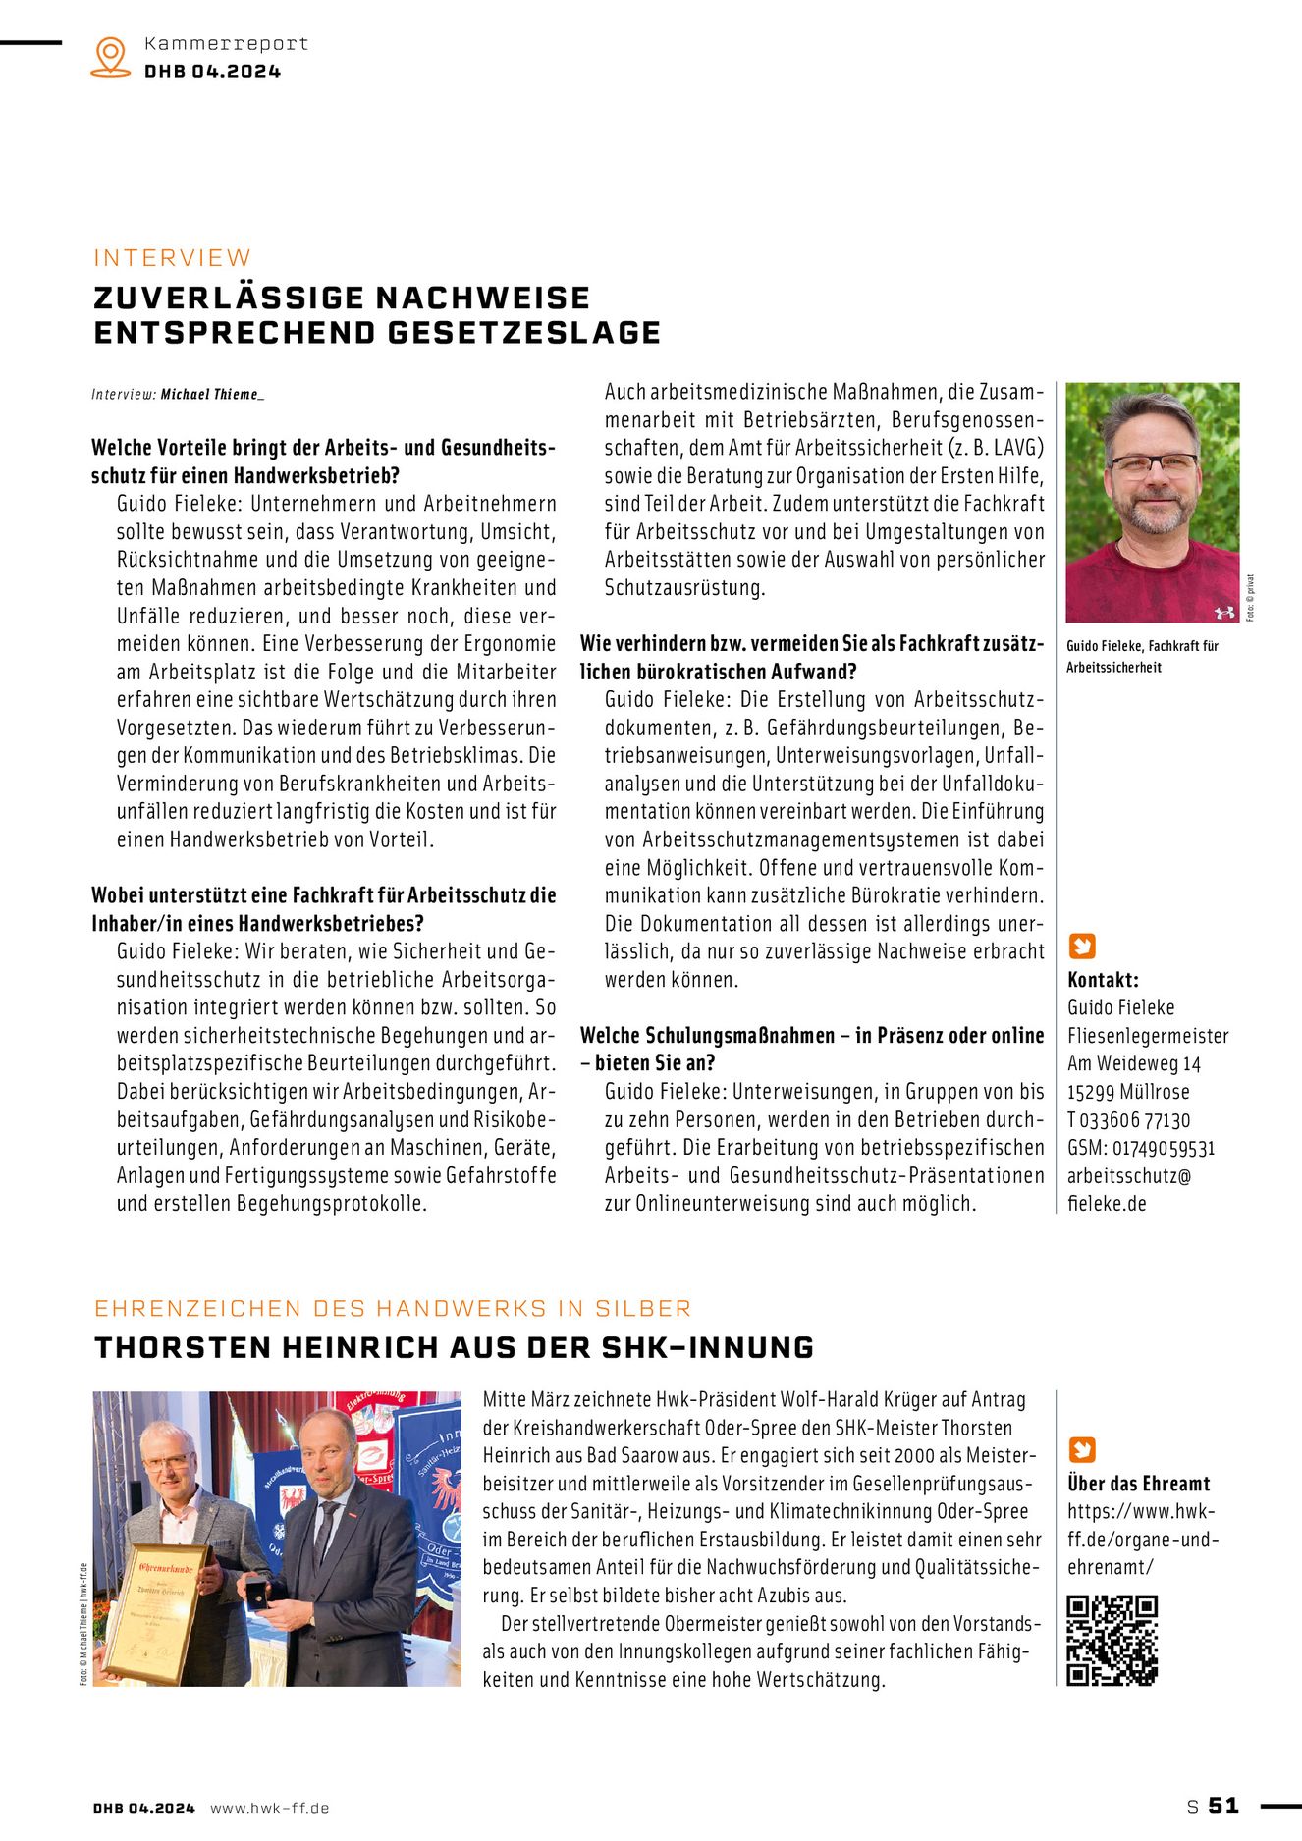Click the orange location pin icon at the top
pyautogui.click(x=110, y=56)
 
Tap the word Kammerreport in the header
pyautogui.click(x=226, y=44)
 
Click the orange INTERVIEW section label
pyautogui.click(x=173, y=258)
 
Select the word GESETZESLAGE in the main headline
pyautogui.click(x=524, y=333)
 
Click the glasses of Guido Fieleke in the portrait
pyautogui.click(x=1153, y=464)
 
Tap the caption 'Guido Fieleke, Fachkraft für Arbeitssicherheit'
pyautogui.click(x=1142, y=656)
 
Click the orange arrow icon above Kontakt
pyautogui.click(x=1081, y=947)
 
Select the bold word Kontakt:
pyautogui.click(x=1103, y=980)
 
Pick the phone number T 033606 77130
pyautogui.click(x=1128, y=1120)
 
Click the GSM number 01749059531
pyautogui.click(x=1163, y=1148)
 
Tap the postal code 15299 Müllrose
pyautogui.click(x=1128, y=1092)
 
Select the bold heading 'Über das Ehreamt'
pyautogui.click(x=1138, y=1484)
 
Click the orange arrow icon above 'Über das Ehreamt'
pyautogui.click(x=1081, y=1450)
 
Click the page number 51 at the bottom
pyautogui.click(x=1223, y=1806)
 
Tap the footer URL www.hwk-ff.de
pyautogui.click(x=269, y=1808)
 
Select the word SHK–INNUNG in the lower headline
pyautogui.click(x=707, y=1348)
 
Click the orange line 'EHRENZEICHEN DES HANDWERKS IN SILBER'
pyautogui.click(x=393, y=1309)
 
